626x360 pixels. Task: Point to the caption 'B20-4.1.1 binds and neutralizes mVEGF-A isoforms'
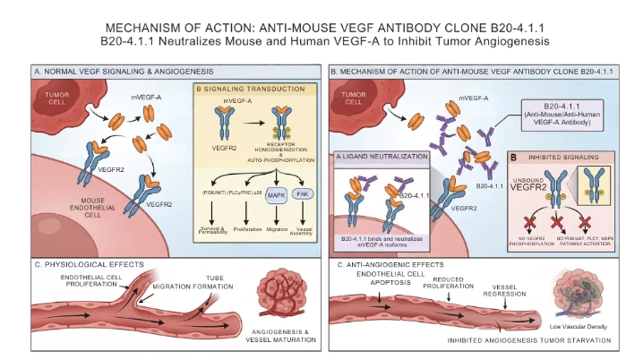click(387, 243)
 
